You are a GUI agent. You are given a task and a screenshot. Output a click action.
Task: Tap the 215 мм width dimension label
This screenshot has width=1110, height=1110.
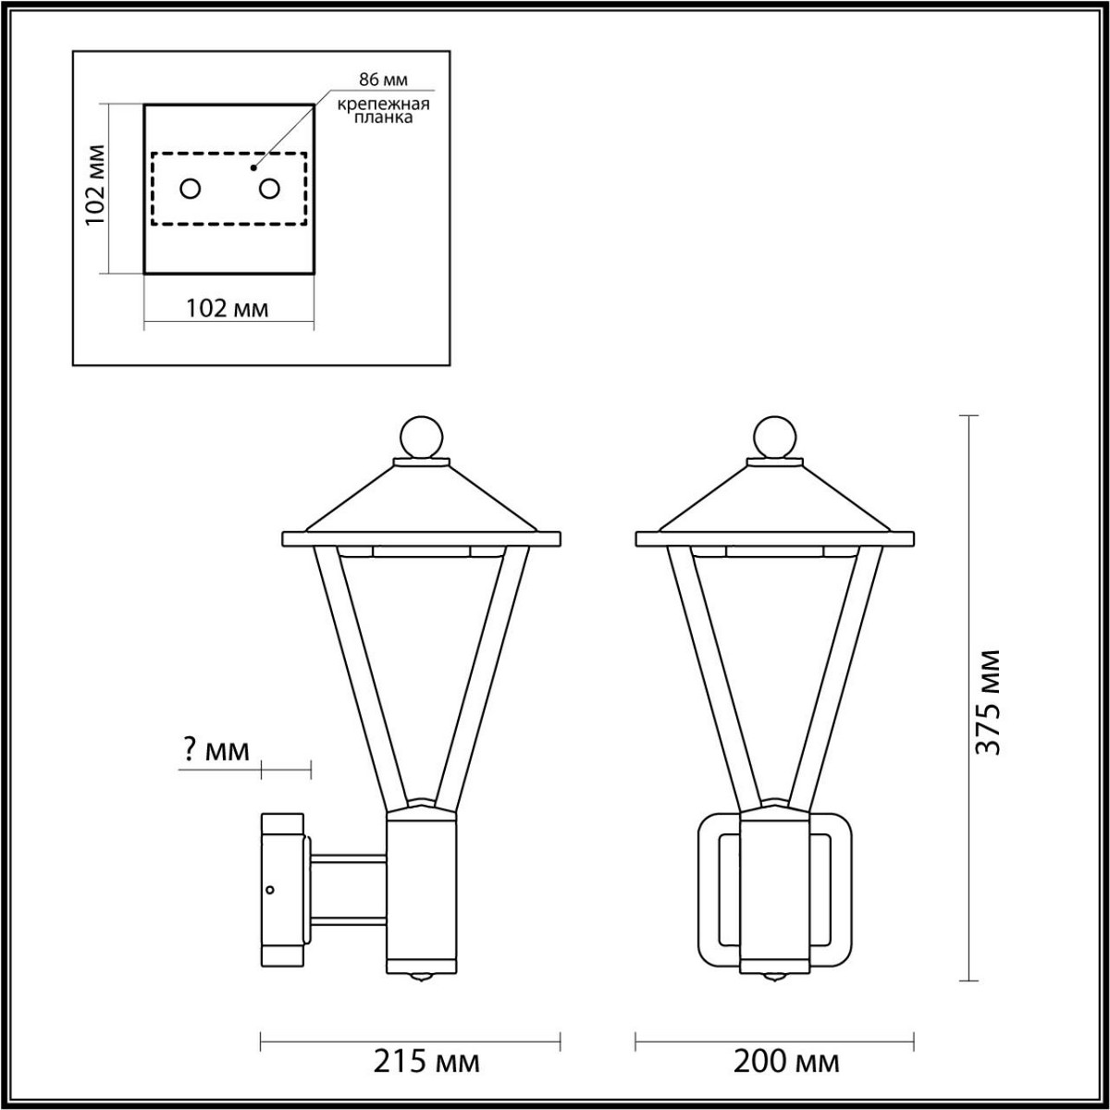[426, 1061]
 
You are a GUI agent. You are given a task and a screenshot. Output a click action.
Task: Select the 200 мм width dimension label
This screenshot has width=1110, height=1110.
[786, 1061]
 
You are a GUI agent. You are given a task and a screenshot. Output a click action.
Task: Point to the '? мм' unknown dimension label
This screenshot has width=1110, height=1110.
[213, 750]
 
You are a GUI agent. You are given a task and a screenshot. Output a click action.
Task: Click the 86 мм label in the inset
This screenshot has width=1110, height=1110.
[382, 81]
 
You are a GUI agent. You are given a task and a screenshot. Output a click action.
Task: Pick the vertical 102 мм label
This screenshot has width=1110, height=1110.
[93, 189]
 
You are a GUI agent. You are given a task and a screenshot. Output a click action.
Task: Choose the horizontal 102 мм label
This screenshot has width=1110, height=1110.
[228, 308]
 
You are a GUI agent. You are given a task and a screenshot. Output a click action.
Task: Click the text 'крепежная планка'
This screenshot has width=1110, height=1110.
[382, 112]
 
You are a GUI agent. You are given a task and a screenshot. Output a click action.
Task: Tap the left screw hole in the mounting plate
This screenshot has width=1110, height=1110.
[190, 189]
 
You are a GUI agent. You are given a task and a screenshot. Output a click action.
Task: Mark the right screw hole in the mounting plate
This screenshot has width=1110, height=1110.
[269, 189]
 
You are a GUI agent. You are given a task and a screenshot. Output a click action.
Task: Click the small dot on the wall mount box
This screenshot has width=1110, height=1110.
[269, 890]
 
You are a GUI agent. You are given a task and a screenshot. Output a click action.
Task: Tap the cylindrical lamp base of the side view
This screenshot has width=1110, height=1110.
[421, 888]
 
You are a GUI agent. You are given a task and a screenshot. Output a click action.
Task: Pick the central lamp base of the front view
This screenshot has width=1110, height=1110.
[775, 888]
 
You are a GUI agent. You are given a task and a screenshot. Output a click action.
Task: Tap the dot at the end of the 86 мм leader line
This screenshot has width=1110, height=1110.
[253, 169]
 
